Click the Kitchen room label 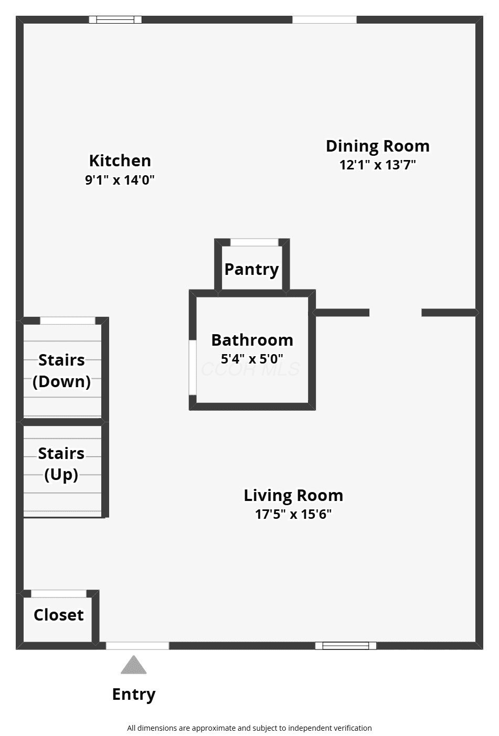click(120, 161)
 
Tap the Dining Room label click(378, 146)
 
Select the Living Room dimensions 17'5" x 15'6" click(293, 514)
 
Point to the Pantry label click(251, 270)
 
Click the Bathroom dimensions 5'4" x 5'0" click(252, 359)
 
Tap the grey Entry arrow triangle click(133, 665)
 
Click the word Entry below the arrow click(134, 695)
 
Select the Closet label click(59, 615)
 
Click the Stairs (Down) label click(61, 371)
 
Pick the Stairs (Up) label click(61, 464)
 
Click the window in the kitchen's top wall click(115, 20)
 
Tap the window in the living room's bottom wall click(346, 646)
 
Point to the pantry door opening click(254, 242)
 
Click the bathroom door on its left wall click(193, 367)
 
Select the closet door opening click(59, 593)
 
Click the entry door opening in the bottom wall click(137, 646)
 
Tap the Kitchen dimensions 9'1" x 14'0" click(120, 180)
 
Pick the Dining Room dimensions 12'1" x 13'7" click(378, 165)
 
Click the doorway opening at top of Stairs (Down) click(67, 321)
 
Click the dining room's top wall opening click(324, 20)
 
